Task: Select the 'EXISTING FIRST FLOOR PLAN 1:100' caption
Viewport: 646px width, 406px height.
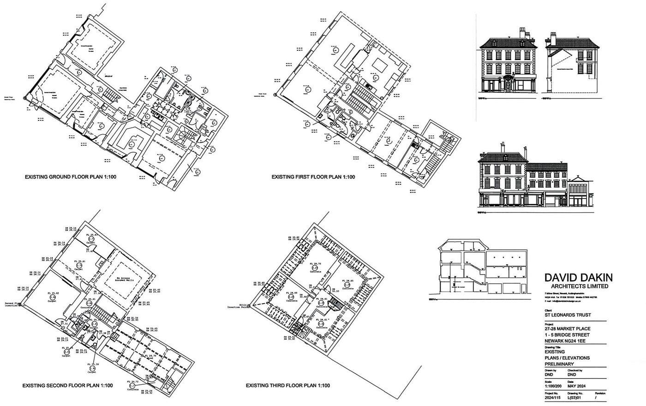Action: pos(313,177)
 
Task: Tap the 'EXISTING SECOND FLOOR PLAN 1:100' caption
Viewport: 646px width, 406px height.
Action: pos(67,385)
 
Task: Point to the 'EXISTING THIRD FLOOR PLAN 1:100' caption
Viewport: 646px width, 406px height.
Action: pos(287,385)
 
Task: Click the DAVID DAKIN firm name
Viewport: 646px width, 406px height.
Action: pos(579,278)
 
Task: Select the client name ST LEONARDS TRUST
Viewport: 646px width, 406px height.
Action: pos(568,316)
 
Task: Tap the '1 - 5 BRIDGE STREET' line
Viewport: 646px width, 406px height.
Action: pos(567,334)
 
